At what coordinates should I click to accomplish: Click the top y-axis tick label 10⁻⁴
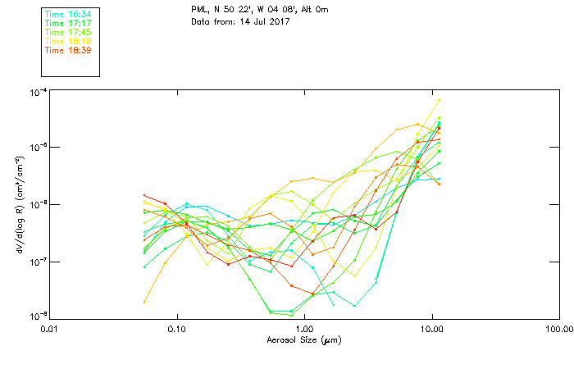pyautogui.click(x=37, y=91)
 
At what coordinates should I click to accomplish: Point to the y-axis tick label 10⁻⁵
pyautogui.click(x=37, y=148)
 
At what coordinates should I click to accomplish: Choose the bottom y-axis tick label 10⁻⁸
pyautogui.click(x=37, y=317)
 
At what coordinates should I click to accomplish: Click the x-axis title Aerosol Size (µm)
pyautogui.click(x=304, y=339)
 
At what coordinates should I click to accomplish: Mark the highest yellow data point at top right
pyautogui.click(x=440, y=101)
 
